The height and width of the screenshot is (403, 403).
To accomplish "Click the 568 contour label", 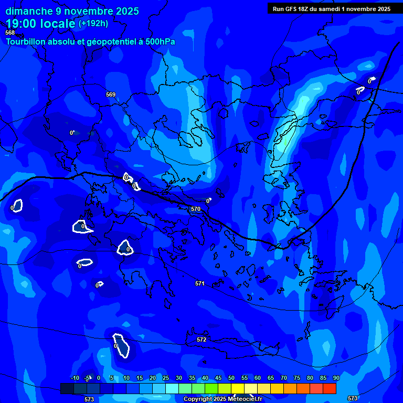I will (10, 33).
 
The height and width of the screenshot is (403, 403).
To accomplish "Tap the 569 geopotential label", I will (110, 94).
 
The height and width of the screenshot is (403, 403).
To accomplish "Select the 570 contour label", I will (196, 209).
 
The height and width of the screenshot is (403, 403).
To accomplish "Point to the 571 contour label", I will (199, 283).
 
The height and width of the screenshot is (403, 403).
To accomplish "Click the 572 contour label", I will (201, 340).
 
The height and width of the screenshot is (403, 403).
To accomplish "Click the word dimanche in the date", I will (29, 11).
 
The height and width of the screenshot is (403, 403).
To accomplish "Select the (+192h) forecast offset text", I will (93, 23).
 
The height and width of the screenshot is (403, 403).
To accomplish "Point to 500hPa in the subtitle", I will (160, 42).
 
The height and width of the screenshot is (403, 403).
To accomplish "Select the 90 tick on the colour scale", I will (336, 378).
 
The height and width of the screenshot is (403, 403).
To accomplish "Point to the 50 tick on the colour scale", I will (231, 378).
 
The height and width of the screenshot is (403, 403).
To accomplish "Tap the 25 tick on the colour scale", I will (166, 378).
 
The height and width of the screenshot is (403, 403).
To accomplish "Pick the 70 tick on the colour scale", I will (284, 378).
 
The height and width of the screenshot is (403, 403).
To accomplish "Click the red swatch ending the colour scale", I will (330, 388).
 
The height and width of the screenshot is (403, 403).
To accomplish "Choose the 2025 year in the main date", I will (124, 11).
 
